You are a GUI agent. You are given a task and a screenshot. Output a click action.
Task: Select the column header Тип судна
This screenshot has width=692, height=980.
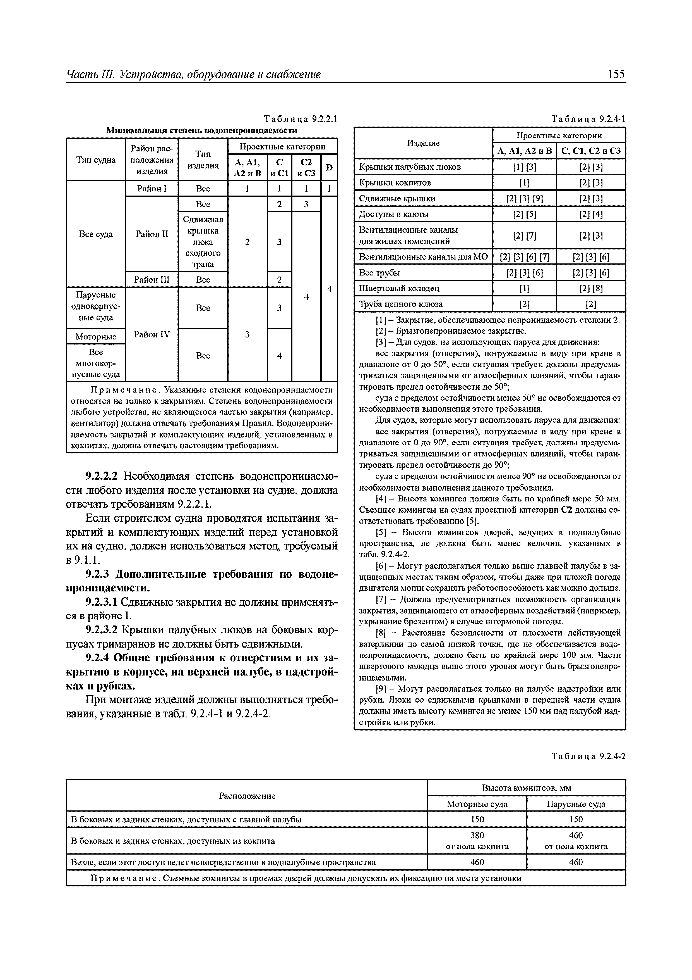(x=96, y=160)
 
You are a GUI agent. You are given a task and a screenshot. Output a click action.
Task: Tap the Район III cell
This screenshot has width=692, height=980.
(x=152, y=280)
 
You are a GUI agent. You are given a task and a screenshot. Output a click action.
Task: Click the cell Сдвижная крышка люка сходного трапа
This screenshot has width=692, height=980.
(x=203, y=242)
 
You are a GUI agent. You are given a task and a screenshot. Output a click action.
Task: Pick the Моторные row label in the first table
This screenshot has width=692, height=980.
(x=96, y=337)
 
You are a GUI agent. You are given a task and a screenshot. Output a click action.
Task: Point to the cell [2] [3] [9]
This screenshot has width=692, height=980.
(x=524, y=198)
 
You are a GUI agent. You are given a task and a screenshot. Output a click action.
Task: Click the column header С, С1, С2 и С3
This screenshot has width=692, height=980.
(x=591, y=151)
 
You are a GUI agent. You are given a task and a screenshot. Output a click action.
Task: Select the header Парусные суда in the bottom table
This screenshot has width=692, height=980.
(x=576, y=804)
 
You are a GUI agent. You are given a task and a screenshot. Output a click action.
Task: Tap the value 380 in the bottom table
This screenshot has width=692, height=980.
(x=477, y=835)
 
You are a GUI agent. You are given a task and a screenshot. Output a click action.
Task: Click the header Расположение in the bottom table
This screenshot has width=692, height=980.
(x=247, y=796)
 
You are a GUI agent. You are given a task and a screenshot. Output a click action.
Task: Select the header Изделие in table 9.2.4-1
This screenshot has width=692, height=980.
(x=423, y=143)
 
